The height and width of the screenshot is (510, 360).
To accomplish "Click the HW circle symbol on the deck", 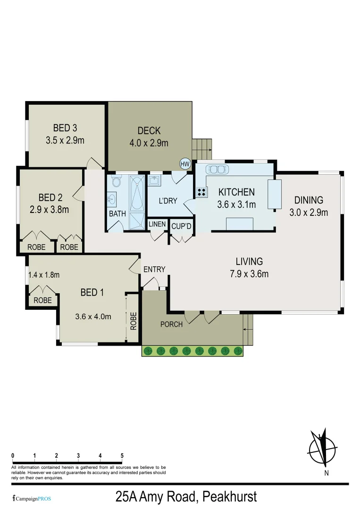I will click(x=184, y=164).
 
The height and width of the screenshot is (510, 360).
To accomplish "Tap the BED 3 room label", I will click(x=65, y=128).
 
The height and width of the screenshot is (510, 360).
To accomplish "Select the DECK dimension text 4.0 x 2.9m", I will click(x=149, y=143).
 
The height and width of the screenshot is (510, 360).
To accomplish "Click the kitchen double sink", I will click(x=218, y=169).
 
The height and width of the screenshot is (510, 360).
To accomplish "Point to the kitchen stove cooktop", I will click(x=201, y=192).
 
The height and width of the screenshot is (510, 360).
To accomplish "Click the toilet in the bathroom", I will click(x=117, y=182).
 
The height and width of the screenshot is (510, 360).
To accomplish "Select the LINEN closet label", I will click(x=157, y=224).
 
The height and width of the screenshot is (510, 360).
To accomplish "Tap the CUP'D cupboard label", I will click(x=181, y=226).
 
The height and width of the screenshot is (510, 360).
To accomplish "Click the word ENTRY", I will click(x=154, y=269).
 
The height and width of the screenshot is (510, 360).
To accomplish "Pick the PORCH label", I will click(x=171, y=324).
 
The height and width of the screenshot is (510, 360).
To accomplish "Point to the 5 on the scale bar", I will click(x=122, y=456).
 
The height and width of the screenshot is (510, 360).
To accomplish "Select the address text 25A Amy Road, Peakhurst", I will click(x=186, y=497).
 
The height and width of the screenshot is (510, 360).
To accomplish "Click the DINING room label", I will click(x=309, y=200).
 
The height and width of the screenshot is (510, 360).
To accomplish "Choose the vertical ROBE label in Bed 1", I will click(x=134, y=321).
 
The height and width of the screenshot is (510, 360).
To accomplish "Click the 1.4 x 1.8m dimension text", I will click(x=43, y=275).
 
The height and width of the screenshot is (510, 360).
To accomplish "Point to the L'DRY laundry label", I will click(x=167, y=201).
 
